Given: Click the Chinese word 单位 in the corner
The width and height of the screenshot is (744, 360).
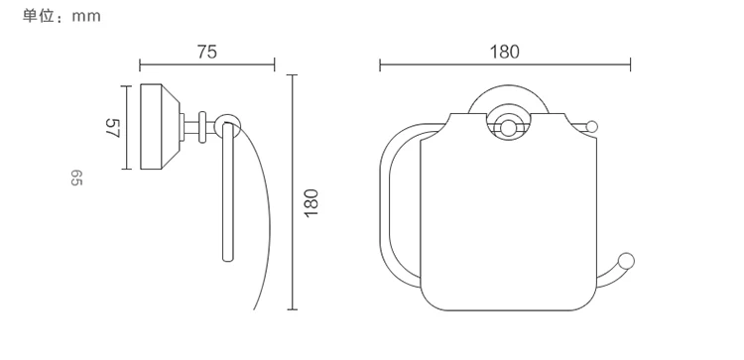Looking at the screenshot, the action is click(x=38, y=16).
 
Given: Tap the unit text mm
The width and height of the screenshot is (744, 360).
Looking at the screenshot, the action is click(x=86, y=17).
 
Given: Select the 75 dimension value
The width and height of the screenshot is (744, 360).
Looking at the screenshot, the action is click(x=207, y=52).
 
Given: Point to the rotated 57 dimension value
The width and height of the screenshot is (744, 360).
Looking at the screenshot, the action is click(x=112, y=128).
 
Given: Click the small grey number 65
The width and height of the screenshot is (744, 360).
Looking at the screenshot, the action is click(x=76, y=178).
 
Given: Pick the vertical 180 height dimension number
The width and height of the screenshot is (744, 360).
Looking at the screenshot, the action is click(x=310, y=203).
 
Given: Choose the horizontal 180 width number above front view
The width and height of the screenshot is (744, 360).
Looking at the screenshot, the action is click(x=504, y=52).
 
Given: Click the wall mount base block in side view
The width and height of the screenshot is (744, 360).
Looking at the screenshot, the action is click(x=160, y=127).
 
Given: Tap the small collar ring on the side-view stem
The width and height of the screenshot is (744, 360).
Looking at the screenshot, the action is click(x=202, y=127).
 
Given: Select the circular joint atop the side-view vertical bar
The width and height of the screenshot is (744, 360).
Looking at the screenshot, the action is click(x=227, y=124).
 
